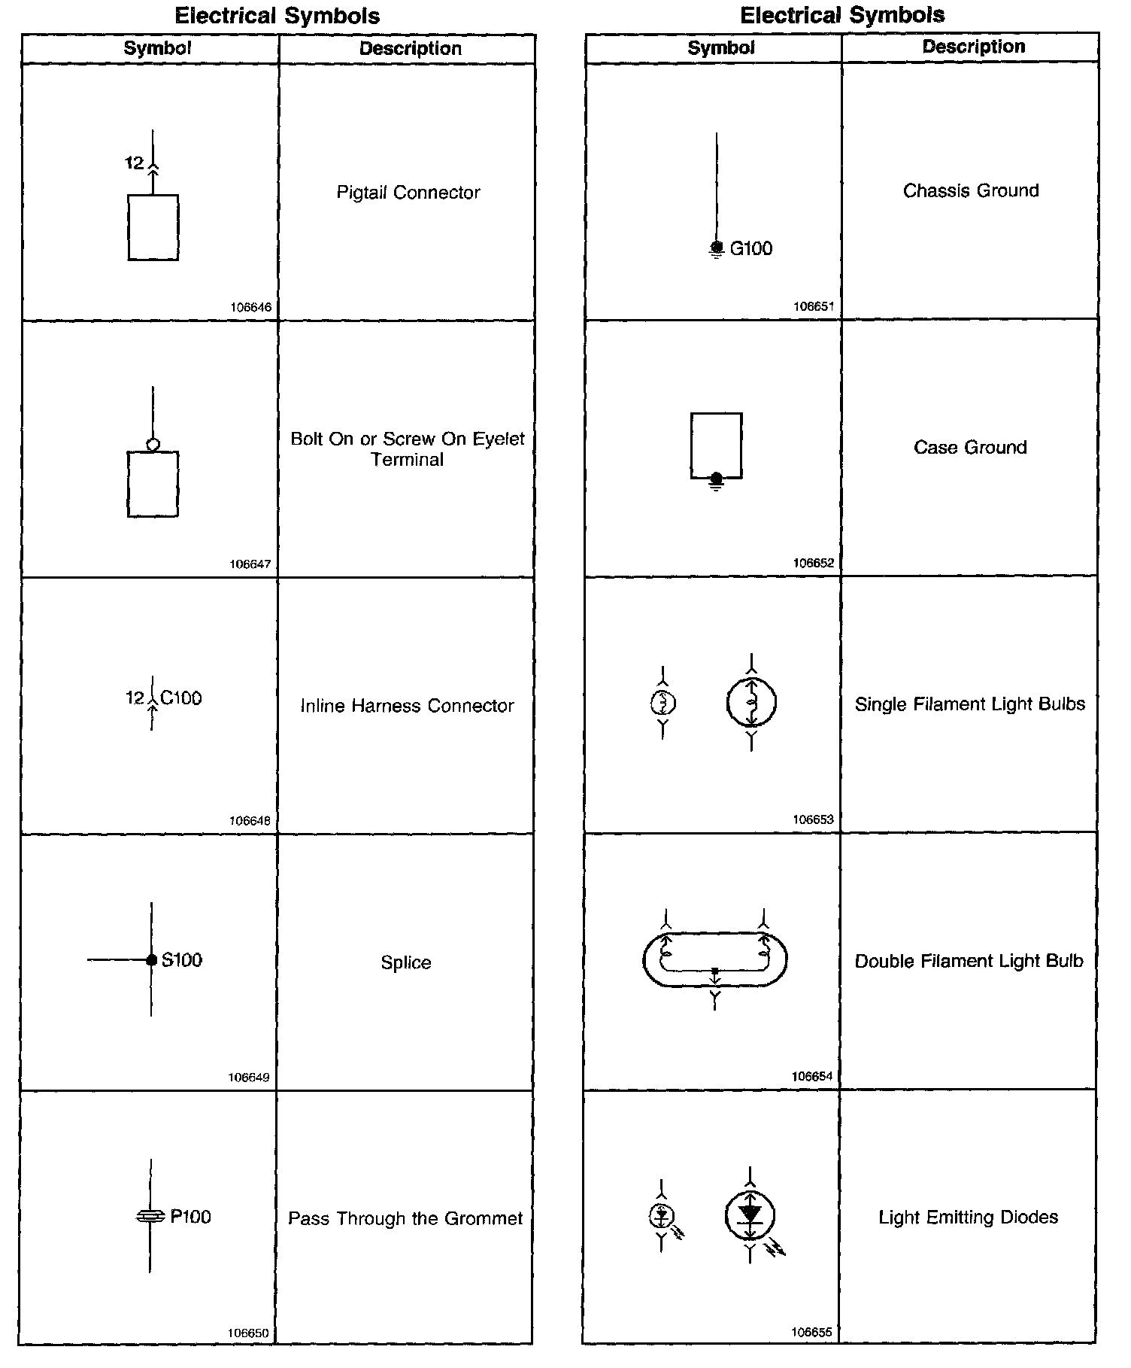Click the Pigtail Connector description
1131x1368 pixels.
click(408, 193)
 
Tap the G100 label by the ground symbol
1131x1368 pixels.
click(750, 249)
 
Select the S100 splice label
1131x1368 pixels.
click(182, 960)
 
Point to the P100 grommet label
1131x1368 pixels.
click(190, 1217)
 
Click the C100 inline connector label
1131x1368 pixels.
click(181, 698)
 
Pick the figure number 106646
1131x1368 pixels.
click(250, 307)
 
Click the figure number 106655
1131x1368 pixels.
click(812, 1333)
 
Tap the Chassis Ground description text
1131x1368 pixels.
click(971, 191)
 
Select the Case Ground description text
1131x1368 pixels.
click(970, 448)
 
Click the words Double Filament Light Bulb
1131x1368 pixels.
click(969, 961)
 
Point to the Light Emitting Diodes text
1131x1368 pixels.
click(969, 1218)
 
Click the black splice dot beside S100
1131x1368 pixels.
click(152, 960)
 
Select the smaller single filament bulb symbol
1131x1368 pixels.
click(663, 703)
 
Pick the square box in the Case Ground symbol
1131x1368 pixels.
click(716, 443)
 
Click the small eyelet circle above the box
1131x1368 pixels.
click(153, 445)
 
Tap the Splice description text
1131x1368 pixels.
click(406, 963)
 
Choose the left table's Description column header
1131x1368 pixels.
click(410, 49)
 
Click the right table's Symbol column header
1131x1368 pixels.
click(720, 48)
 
